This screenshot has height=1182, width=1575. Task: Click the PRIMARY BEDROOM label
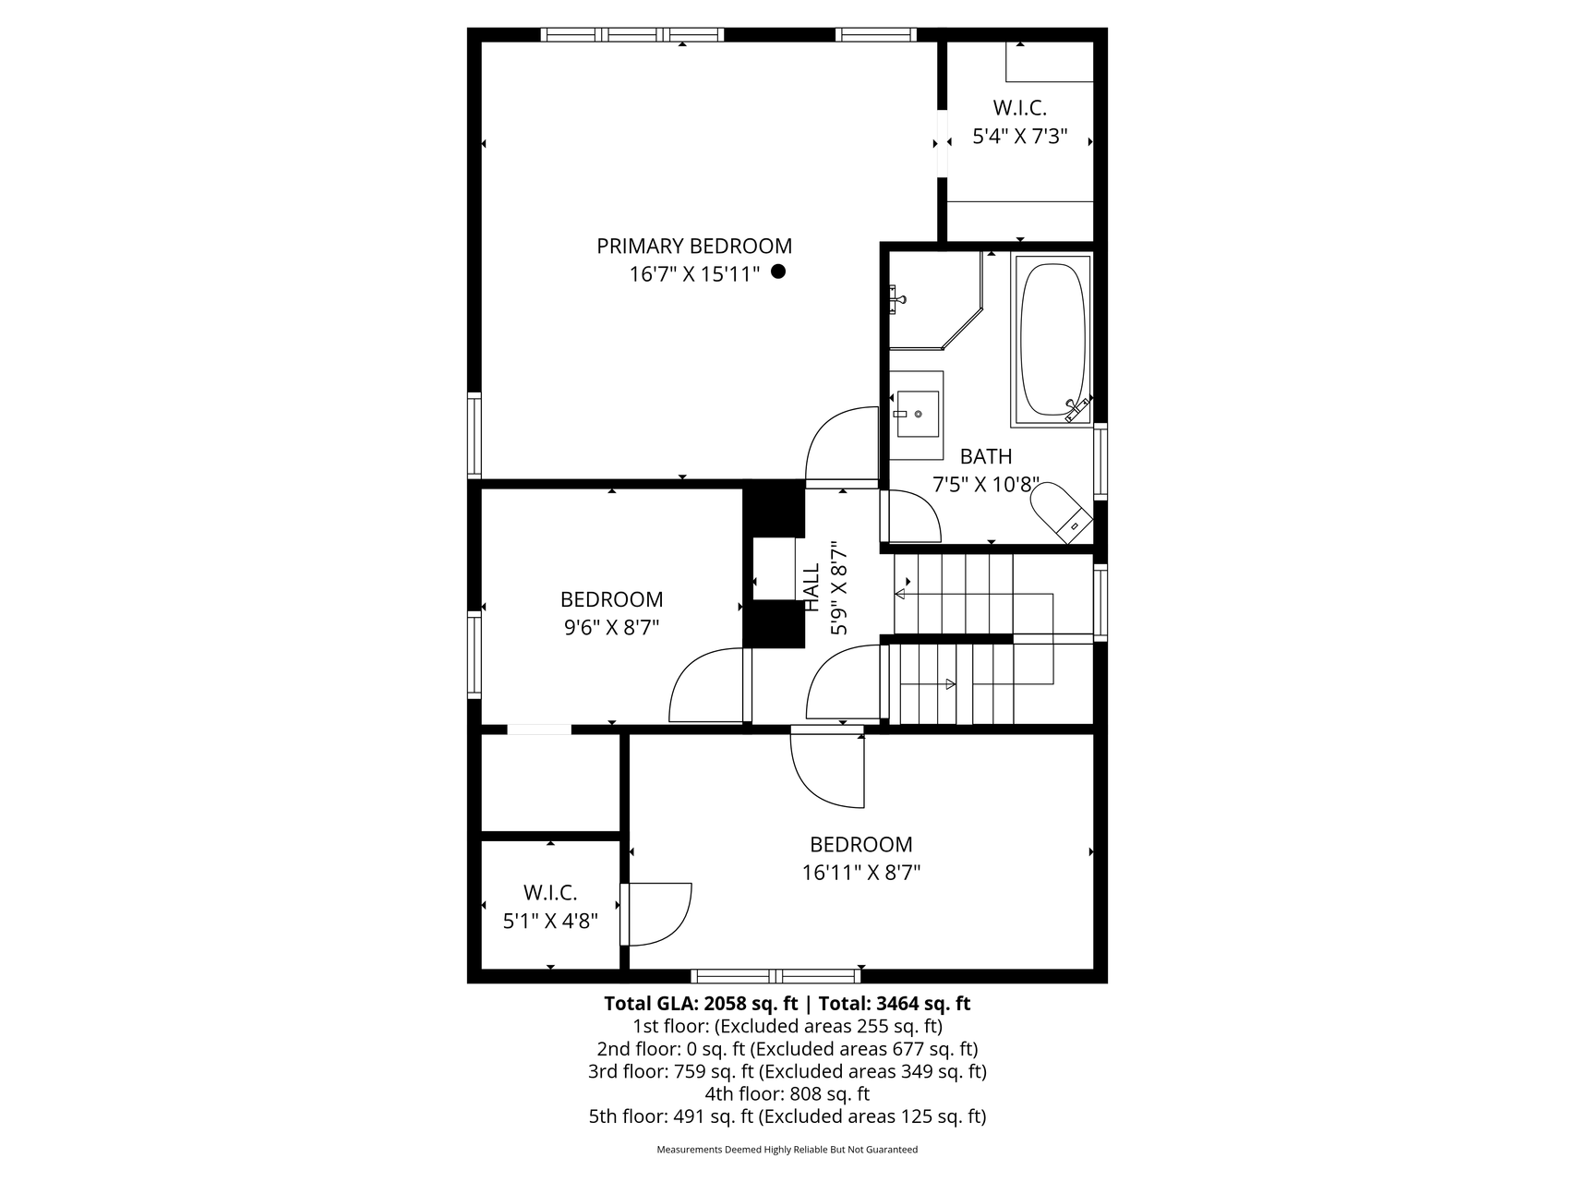tap(694, 247)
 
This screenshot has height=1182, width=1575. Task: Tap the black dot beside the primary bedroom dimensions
tap(778, 271)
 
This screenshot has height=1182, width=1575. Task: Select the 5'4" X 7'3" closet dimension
tap(1020, 137)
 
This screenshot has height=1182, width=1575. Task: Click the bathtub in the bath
tap(1052, 340)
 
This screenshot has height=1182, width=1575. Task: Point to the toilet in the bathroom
tap(1058, 513)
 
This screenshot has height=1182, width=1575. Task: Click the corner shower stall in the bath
tap(934, 299)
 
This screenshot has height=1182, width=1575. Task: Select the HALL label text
tap(812, 587)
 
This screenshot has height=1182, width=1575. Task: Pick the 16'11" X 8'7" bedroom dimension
tap(861, 873)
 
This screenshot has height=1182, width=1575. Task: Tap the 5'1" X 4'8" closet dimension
tap(550, 921)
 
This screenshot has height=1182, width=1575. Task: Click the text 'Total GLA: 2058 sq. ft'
tap(701, 1004)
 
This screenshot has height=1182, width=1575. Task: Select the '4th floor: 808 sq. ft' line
tap(787, 1094)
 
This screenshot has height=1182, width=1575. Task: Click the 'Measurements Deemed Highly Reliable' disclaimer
tap(787, 1151)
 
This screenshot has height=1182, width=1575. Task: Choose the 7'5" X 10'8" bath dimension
tap(987, 486)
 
